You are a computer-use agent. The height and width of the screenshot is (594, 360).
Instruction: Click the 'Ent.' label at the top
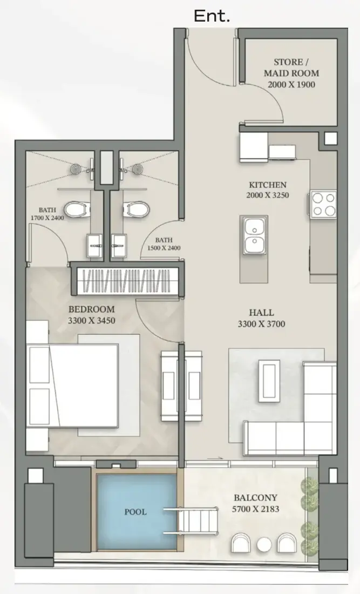[212, 16]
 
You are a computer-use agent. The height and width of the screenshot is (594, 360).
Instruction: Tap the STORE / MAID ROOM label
[291, 67]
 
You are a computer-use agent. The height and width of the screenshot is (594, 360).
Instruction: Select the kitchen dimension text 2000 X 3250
[268, 195]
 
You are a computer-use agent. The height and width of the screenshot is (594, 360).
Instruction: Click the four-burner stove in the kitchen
[324, 204]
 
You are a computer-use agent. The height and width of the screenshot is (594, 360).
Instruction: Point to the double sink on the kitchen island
[254, 236]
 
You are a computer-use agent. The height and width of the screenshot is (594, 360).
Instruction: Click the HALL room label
[262, 313]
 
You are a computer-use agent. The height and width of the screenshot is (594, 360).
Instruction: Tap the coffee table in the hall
[269, 380]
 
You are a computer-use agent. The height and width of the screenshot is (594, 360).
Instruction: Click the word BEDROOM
[91, 309]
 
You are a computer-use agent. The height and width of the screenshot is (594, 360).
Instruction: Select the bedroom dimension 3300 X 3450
[91, 320]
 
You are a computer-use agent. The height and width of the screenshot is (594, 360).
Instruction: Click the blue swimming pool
[136, 512]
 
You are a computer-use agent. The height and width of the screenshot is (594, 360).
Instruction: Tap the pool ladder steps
[191, 521]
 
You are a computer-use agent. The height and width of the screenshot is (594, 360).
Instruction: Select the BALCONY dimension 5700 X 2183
[255, 509]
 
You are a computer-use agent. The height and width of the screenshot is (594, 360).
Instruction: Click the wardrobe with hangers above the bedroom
[127, 281]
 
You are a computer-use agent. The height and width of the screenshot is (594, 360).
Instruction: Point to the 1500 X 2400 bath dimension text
[164, 248]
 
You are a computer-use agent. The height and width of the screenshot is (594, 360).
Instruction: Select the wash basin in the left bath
[94, 246]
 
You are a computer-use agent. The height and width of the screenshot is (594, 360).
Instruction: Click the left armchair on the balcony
[241, 543]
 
